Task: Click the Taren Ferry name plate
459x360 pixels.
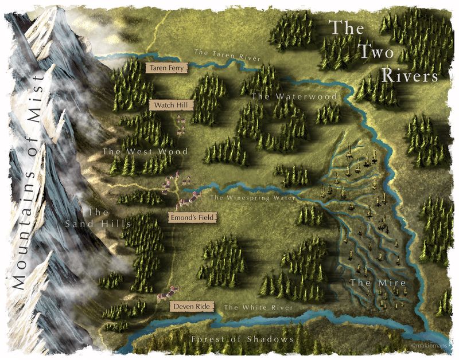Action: tap(166, 68)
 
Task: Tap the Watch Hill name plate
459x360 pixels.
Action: tap(172, 105)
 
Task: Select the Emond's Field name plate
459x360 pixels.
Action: tap(189, 218)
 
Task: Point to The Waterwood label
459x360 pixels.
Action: tap(294, 97)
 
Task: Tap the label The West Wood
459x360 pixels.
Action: tap(137, 152)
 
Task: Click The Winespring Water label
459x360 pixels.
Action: tap(253, 198)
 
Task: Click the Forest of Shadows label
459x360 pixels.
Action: tap(243, 339)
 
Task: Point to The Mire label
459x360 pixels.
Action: tap(370, 283)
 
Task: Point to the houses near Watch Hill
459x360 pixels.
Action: tap(181, 124)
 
